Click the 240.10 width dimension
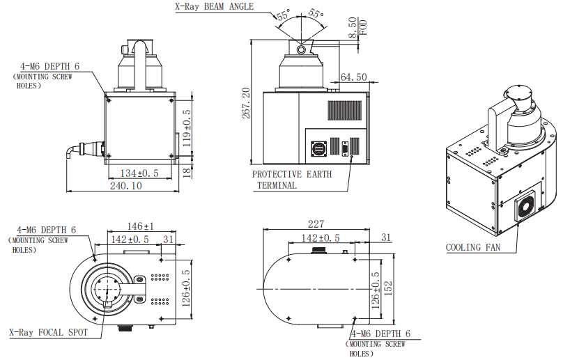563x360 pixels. pyautogui.click(x=125, y=186)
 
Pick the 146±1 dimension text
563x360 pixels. pyautogui.click(x=141, y=226)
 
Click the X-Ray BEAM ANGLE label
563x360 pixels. pyautogui.click(x=213, y=7)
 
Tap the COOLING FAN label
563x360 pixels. pyautogui.click(x=475, y=247)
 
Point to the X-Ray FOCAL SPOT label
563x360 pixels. pyautogui.click(x=49, y=332)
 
